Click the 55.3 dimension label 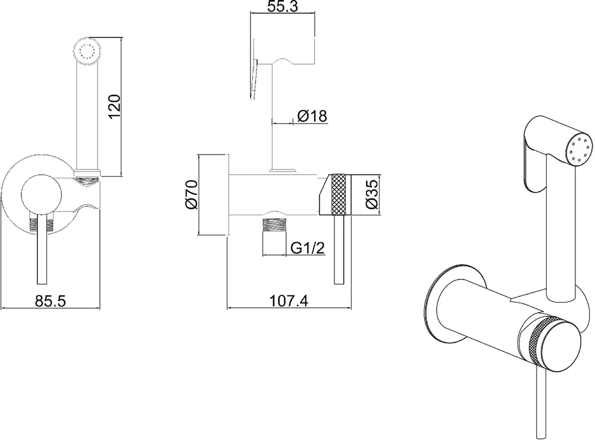[283, 6]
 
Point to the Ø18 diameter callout [312, 116]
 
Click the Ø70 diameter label [192, 194]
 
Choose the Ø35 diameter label [372, 194]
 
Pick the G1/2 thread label [308, 248]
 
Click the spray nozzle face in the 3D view [580, 150]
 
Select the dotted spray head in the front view [87, 51]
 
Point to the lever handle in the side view [339, 250]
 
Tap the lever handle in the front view [42, 249]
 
